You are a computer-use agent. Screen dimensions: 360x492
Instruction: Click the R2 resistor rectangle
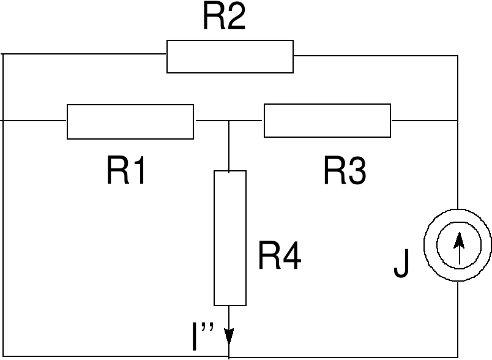[230, 56]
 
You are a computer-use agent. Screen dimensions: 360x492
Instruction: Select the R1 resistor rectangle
[130, 121]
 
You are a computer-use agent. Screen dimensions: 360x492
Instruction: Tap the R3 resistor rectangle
[327, 121]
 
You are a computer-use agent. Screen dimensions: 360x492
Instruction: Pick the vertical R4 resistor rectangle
[230, 238]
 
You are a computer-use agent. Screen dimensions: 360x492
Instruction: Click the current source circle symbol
[460, 245]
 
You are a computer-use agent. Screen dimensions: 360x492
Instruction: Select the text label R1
[127, 171]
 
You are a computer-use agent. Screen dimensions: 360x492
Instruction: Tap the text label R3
[345, 171]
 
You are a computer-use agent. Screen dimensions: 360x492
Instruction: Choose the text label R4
[279, 256]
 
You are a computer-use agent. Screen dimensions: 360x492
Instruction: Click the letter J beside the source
[401, 264]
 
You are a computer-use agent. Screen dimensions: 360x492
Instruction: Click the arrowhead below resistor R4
[229, 337]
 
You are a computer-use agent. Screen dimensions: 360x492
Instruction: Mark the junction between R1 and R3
[229, 121]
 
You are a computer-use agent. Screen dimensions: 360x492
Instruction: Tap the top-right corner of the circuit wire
[457, 56]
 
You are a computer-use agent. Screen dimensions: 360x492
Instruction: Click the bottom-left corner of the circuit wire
[4, 356]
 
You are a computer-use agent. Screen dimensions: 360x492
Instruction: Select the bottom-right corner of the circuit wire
[458, 356]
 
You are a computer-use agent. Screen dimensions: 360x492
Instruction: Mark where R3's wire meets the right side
[457, 121]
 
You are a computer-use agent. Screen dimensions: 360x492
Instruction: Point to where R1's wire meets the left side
[4, 121]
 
